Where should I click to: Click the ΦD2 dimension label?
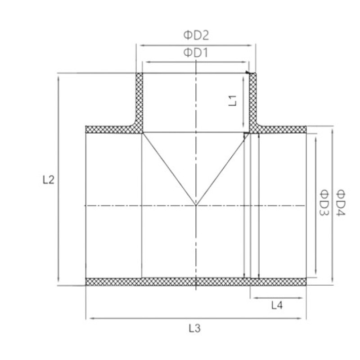pyautogui.click(x=196, y=36)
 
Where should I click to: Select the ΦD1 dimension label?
pyautogui.click(x=196, y=53)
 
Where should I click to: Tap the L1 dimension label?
pyautogui.click(x=233, y=101)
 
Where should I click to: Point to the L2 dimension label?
pyautogui.click(x=49, y=180)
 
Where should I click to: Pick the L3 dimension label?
pyautogui.click(x=195, y=328)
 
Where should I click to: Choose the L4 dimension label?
pyautogui.click(x=277, y=306)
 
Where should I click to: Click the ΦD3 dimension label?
pyautogui.click(x=324, y=202)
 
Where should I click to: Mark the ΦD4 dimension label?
pyautogui.click(x=341, y=203)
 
